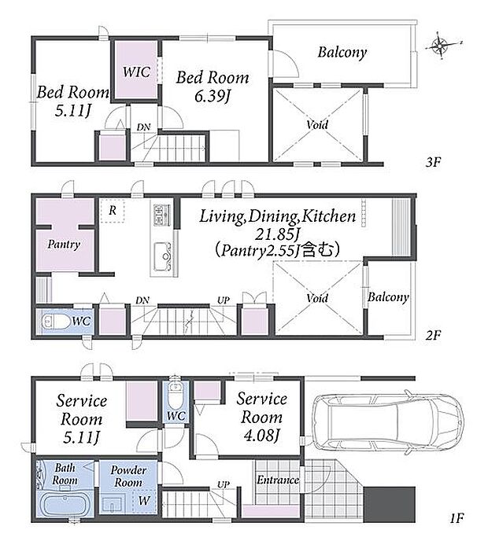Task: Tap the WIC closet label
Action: tap(136, 72)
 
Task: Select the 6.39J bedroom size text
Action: tap(212, 96)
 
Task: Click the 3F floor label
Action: tap(433, 162)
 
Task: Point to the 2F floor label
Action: tap(433, 335)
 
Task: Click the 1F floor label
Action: tap(457, 517)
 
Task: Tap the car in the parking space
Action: tap(388, 421)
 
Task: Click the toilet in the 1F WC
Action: tap(176, 396)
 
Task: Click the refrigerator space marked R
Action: tap(113, 210)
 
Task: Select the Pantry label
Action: tap(64, 245)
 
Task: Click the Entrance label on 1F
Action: tap(278, 480)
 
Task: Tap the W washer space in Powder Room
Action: tap(144, 500)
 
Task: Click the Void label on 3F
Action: tap(317, 124)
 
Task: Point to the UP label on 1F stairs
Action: tap(224, 484)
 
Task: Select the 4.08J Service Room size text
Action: tap(261, 436)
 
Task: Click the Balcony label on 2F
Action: tap(388, 297)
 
